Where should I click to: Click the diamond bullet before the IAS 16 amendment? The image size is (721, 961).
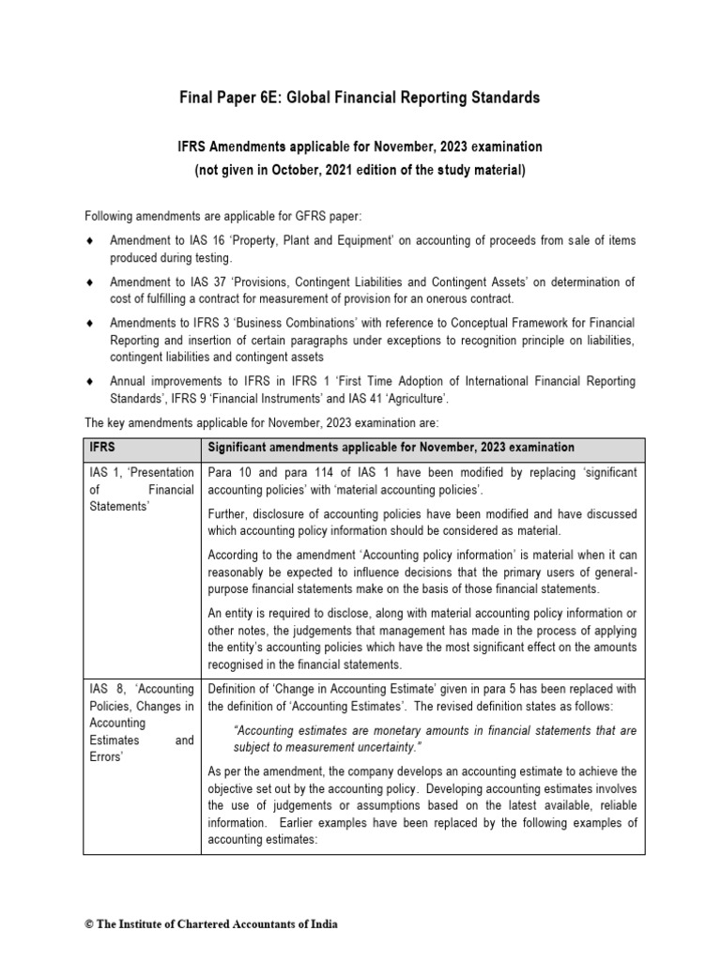click(89, 241)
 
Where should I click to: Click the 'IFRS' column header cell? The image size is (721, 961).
click(103, 448)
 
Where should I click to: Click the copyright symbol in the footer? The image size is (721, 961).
click(89, 923)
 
